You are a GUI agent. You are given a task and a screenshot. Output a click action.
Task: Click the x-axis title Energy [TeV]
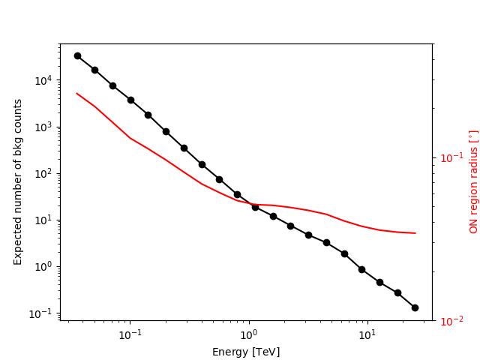[x=246, y=352]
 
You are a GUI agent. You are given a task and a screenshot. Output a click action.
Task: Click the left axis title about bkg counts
[x=18, y=181]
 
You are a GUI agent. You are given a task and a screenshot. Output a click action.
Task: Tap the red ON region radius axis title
[x=473, y=181]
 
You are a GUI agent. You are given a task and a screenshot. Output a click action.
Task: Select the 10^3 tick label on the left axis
[x=44, y=127]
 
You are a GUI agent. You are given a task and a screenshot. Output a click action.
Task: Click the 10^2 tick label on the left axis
[x=44, y=173]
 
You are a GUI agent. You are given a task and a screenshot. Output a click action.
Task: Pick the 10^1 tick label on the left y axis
[x=44, y=220]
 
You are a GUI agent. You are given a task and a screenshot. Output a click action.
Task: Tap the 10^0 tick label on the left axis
[x=44, y=266]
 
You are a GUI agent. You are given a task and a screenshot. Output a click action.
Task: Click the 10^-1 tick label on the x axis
[x=130, y=334]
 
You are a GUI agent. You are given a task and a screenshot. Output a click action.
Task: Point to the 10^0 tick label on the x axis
[x=249, y=334]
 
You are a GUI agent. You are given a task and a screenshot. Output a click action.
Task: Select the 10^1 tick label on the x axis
[x=367, y=334]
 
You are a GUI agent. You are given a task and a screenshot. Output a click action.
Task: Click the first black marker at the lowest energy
[x=77, y=55]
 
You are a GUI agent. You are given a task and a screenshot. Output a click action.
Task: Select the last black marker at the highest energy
[x=415, y=307]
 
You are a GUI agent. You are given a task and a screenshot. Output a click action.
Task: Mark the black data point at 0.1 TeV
[x=130, y=100]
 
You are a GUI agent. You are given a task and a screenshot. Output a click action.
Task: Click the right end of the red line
[x=415, y=233]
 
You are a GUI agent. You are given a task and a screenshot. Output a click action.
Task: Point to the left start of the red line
[x=77, y=94]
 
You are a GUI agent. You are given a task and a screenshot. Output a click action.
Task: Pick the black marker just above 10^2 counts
[x=202, y=164]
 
